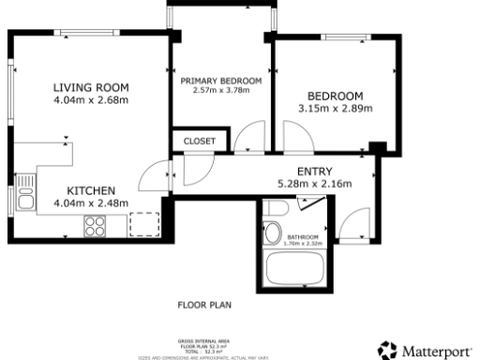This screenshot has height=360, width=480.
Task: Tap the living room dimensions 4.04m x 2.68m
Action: (x=90, y=100)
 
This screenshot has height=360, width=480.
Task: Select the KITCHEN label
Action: (x=90, y=189)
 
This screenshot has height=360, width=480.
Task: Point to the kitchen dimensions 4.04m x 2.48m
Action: (x=90, y=202)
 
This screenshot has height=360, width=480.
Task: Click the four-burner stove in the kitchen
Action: (x=96, y=225)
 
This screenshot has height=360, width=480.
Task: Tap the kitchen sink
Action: (x=26, y=198)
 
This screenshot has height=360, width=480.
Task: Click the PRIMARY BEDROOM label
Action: (x=221, y=82)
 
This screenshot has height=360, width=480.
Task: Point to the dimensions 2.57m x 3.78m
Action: (x=221, y=92)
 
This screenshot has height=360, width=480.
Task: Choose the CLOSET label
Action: (x=200, y=141)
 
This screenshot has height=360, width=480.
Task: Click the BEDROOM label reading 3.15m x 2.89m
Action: (x=335, y=96)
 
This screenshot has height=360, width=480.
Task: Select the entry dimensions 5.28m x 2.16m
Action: (x=314, y=184)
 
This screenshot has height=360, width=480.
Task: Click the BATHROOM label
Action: (x=304, y=237)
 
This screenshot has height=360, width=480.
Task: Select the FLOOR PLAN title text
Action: (x=204, y=306)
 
